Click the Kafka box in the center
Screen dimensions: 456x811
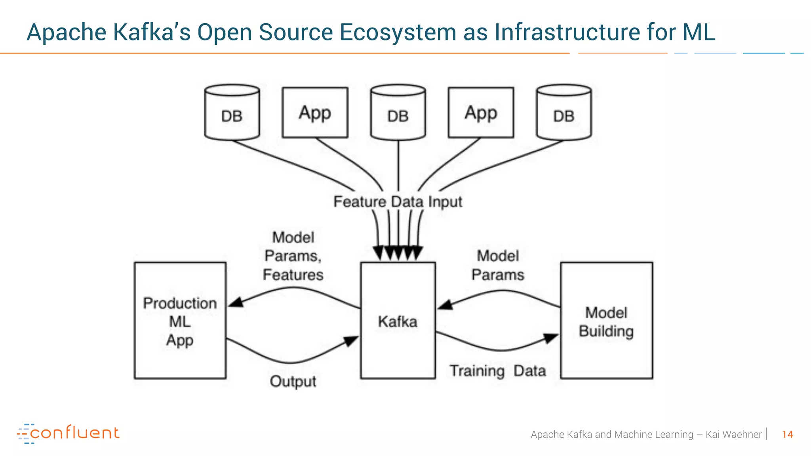[398, 321]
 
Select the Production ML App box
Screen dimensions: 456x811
[180, 321]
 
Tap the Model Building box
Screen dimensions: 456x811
[606, 321]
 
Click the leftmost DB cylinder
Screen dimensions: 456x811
[232, 113]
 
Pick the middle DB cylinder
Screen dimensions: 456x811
[398, 113]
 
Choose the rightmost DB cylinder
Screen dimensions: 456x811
[564, 113]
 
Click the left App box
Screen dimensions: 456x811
[315, 113]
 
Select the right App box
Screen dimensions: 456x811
[481, 113]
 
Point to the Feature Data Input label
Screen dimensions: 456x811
[398, 202]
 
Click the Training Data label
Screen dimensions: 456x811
[498, 371]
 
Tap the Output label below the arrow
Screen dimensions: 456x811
[293, 382]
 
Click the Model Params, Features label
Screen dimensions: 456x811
[293, 256]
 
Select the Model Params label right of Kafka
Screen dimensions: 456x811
[498, 265]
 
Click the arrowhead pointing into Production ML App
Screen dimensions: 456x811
[236, 303]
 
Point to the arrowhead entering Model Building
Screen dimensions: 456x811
[551, 338]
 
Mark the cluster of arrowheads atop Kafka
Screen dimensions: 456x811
[398, 253]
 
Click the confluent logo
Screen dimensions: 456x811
[68, 433]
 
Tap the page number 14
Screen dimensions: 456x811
[787, 434]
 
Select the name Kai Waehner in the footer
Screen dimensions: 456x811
[733, 434]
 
